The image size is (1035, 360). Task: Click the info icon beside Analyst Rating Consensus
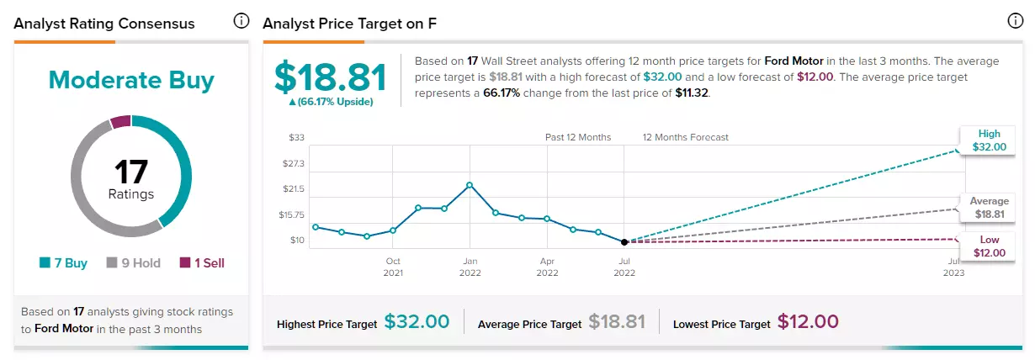coord(241,21)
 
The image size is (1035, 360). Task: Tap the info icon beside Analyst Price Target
coord(1015,21)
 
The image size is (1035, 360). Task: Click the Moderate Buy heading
coord(131,81)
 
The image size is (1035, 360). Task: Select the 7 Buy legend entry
coord(63,263)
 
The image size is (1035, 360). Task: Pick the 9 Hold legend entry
coord(134,263)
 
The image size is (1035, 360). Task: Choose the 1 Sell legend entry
coord(202,263)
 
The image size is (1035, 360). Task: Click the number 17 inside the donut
coord(131,172)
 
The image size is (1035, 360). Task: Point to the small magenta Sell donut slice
coord(120,121)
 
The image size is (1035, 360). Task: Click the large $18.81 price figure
coord(331,77)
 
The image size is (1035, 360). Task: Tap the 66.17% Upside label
coord(331,102)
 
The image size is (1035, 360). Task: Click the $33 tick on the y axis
coord(297,137)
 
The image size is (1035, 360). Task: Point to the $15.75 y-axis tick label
coord(291,214)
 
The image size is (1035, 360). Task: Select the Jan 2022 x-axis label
coord(470,267)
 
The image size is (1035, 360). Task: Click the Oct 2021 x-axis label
coord(393,267)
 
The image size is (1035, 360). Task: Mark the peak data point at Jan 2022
coord(470,185)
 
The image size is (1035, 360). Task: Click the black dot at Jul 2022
coord(624,242)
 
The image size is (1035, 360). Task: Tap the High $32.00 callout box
coord(989,140)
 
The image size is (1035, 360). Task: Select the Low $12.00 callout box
coord(989,246)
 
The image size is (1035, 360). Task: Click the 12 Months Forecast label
coord(685,137)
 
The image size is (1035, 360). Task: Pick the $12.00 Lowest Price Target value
coord(808,321)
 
